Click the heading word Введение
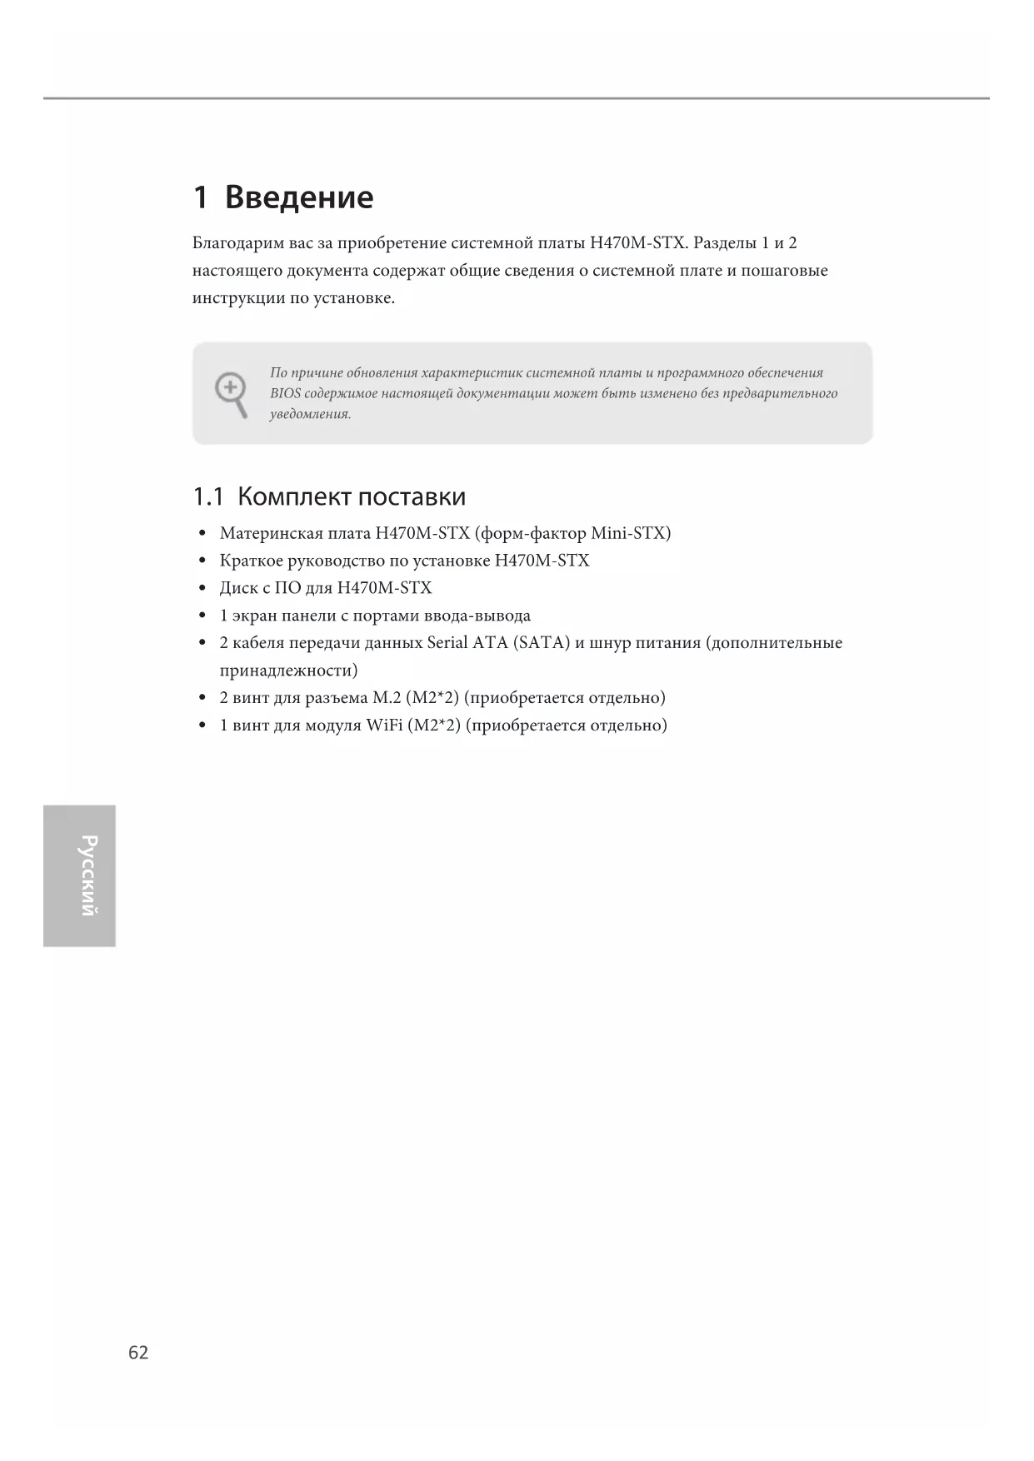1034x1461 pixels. tap(298, 197)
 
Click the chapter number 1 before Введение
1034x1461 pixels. tap(200, 197)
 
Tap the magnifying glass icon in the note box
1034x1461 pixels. tap(231, 393)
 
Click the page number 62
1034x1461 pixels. tap(138, 1352)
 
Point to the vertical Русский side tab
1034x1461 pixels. tap(80, 875)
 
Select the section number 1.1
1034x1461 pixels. tap(208, 497)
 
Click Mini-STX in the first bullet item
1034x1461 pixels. tap(630, 533)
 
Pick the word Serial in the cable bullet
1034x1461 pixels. tap(447, 643)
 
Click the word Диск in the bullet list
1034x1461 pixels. tap(238, 588)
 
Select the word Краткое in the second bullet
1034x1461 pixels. tap(251, 561)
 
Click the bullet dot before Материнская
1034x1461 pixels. tap(202, 533)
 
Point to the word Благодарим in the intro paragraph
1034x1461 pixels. tap(238, 243)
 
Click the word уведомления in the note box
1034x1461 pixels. tap(310, 415)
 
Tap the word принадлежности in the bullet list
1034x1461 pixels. tap(288, 671)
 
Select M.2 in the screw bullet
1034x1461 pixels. tap(387, 698)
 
